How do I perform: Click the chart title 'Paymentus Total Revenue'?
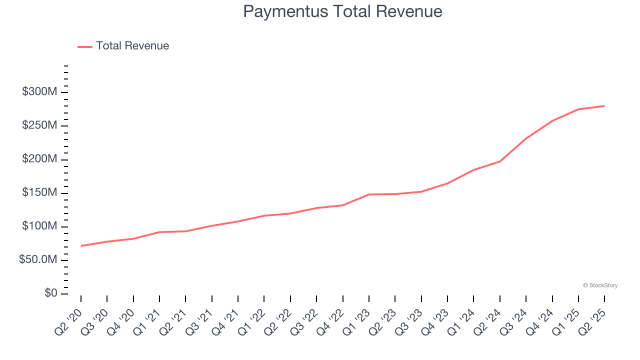(x=342, y=11)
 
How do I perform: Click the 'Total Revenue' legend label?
(x=132, y=46)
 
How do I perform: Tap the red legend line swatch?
(x=85, y=46)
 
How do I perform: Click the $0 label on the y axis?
(x=51, y=293)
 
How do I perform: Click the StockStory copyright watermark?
(x=600, y=285)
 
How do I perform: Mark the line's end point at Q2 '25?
(x=604, y=106)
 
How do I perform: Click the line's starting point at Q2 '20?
(x=81, y=245)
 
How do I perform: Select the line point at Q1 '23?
(x=369, y=194)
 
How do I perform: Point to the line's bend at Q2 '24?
(x=500, y=161)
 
